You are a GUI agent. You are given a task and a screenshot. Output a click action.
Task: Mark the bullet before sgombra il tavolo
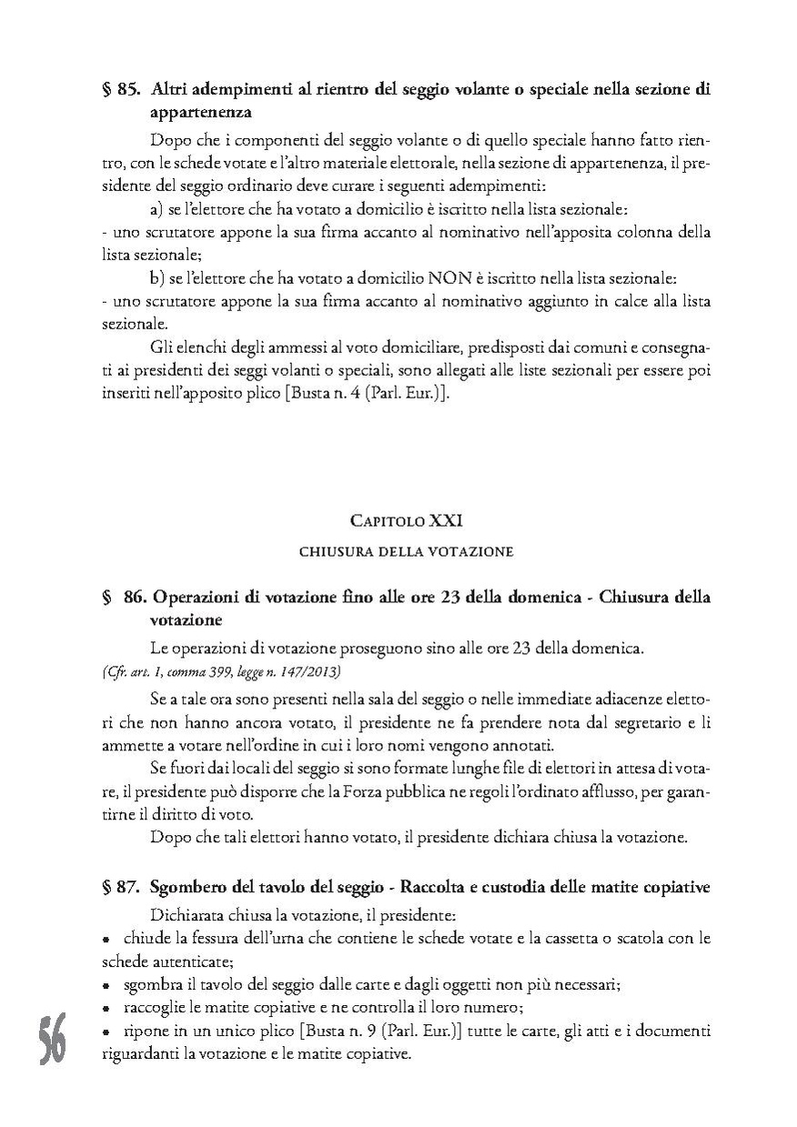pyautogui.click(x=106, y=986)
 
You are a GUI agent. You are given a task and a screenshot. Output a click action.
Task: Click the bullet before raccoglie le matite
pyautogui.click(x=106, y=1009)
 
